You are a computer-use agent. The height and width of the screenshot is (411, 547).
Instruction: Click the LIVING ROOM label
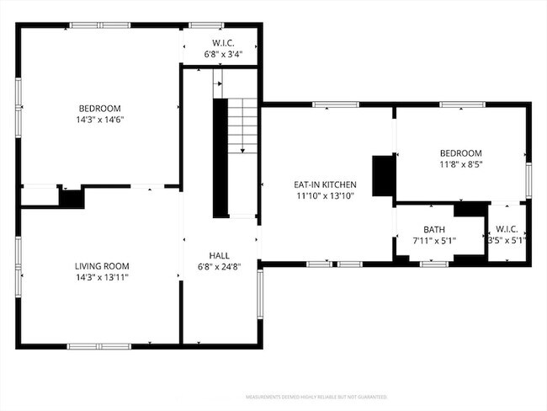tap(100, 265)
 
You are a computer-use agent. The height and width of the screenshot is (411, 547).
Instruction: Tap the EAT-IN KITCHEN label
tap(325, 184)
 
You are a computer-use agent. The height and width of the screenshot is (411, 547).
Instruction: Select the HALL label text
tap(220, 255)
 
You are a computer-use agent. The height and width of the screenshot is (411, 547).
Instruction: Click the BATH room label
tap(433, 229)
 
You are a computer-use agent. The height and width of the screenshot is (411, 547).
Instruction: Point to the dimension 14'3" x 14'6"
tap(100, 120)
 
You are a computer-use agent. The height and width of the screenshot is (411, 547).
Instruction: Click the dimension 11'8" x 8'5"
tap(460, 164)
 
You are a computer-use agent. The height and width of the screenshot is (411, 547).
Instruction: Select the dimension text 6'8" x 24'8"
tap(220, 266)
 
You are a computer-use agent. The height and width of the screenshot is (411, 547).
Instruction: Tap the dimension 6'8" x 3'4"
tap(224, 54)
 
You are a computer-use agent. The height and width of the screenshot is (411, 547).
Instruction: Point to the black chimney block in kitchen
tap(384, 175)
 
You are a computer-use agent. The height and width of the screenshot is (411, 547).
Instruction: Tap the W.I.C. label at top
tap(224, 42)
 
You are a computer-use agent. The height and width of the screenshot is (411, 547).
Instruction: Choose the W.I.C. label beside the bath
tap(507, 229)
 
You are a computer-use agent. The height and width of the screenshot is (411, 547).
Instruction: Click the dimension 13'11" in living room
tap(114, 276)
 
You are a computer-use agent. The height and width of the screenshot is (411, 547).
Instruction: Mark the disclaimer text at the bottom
tap(316, 396)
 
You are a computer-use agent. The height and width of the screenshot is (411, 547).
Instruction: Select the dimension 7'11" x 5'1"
tap(433, 240)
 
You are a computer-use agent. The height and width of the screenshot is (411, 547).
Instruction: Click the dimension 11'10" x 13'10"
tap(325, 195)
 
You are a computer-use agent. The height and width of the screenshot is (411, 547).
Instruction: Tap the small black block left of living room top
tap(71, 198)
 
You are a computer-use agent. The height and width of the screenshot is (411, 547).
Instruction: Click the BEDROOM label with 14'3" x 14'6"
tap(100, 108)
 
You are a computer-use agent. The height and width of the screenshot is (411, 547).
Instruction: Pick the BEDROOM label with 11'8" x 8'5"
tap(460, 152)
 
